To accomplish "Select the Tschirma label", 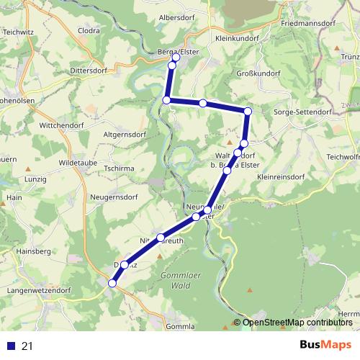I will [x=121, y=168].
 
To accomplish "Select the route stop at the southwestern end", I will [x=112, y=284].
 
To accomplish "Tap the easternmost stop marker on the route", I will [x=248, y=111].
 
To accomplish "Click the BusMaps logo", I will [x=325, y=345].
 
